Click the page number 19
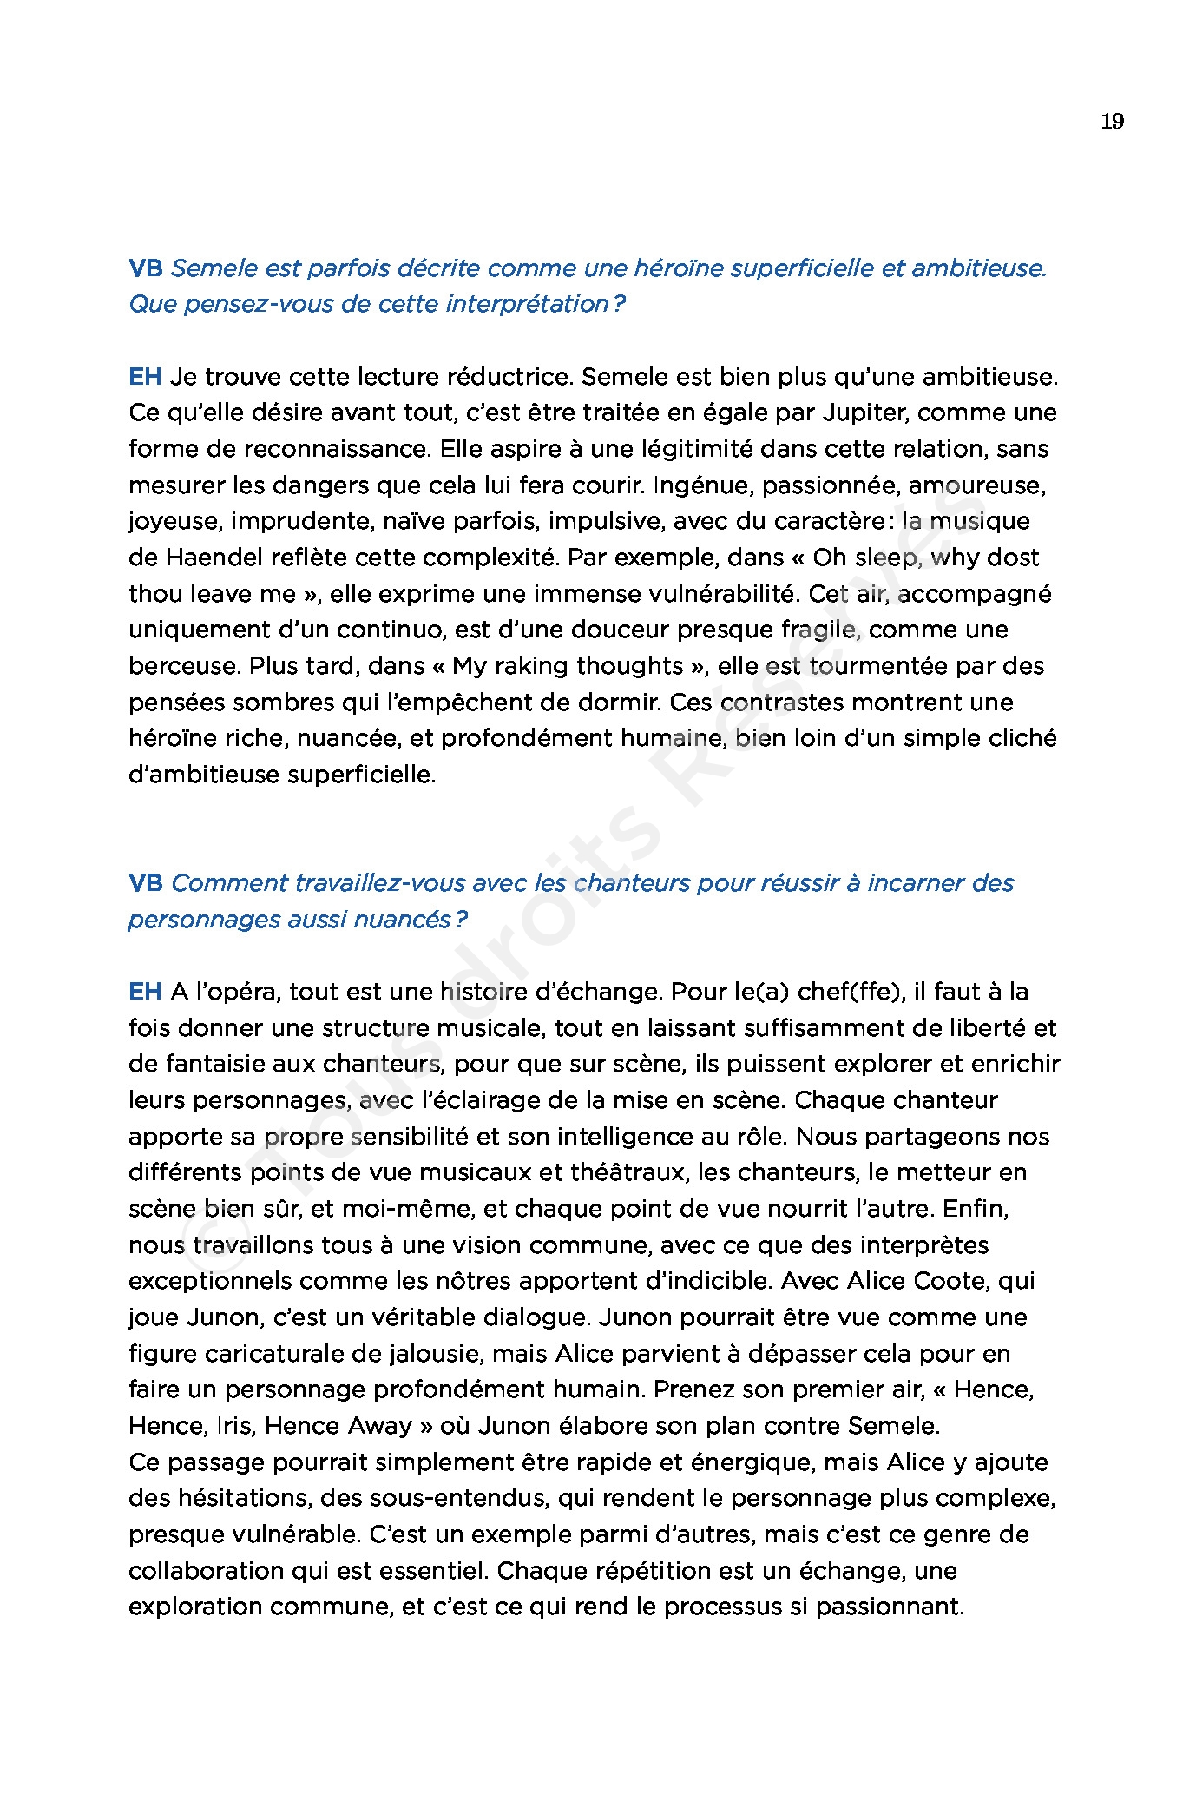pos(1112,122)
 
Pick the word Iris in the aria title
pos(236,1426)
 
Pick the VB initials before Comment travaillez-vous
pos(145,883)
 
